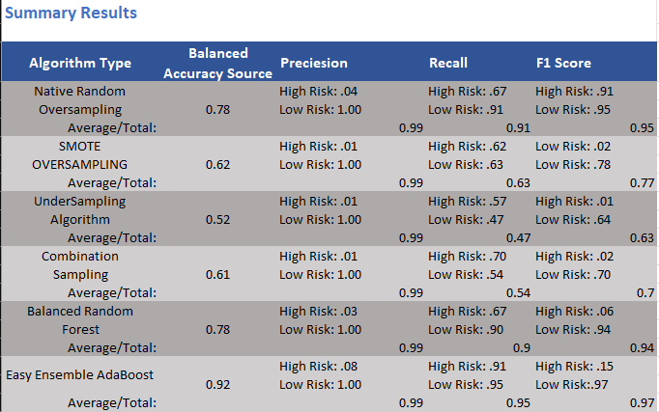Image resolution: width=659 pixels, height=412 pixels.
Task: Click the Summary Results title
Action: point(71,14)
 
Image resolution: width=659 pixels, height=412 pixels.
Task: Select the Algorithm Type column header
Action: point(80,63)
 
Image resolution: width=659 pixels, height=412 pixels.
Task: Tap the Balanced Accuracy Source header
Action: point(217,62)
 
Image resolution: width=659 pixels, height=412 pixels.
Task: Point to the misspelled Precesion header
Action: point(314,63)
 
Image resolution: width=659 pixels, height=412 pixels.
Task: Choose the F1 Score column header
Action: point(564,63)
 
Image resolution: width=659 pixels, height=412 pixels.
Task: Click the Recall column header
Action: point(448,63)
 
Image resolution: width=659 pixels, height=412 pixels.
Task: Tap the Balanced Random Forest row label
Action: point(80,320)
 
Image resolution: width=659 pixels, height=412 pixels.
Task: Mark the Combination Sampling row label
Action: point(80,265)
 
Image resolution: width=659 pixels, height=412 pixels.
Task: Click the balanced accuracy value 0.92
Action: point(218,384)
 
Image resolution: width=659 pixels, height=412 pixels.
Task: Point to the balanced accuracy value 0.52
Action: point(218,220)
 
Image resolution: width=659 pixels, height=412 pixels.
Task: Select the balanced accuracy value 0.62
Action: point(218,165)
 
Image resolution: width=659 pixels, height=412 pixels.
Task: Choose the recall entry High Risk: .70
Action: point(468,256)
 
